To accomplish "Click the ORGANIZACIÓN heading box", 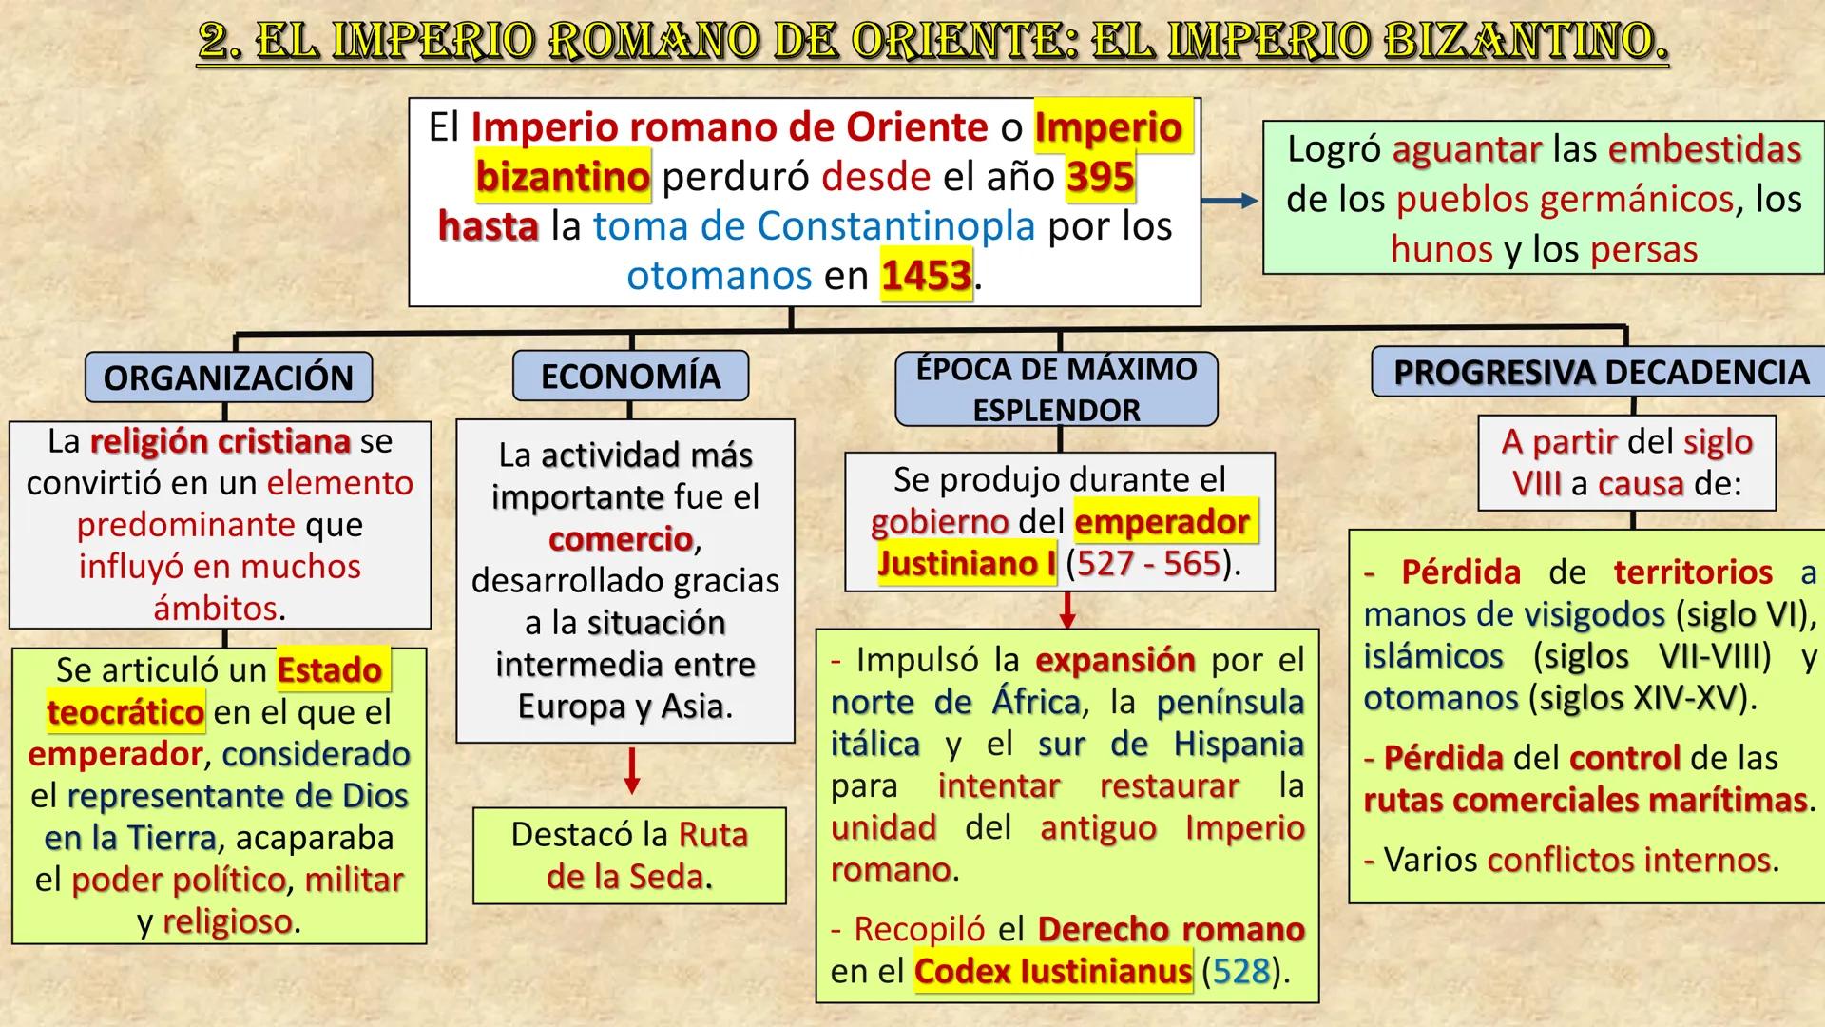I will (228, 378).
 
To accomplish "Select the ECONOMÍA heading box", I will (630, 377).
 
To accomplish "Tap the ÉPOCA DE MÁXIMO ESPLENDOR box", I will (1056, 389).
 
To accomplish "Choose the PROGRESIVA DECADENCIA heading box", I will (1601, 372).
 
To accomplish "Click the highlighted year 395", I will (1100, 177).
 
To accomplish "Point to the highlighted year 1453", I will (926, 276).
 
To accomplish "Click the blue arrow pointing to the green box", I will (1229, 201).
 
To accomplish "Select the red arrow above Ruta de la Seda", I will (631, 771).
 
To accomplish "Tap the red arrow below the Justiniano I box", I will (1067, 610).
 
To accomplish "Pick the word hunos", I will (1441, 249).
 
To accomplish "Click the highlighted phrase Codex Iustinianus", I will (1052, 971).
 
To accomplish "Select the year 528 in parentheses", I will (1240, 971).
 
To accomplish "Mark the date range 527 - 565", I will (1148, 564).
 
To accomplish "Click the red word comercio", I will (621, 539).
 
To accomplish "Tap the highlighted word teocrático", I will (125, 712).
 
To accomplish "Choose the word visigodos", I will (1594, 614).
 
